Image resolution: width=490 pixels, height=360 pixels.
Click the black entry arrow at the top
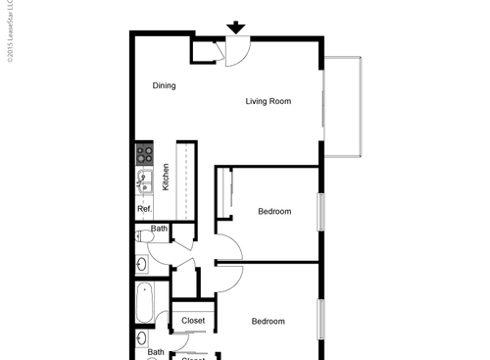(236, 27)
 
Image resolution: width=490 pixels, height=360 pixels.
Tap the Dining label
(165, 85)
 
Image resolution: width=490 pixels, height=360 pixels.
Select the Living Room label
(269, 101)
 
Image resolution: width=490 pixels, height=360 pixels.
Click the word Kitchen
(167, 177)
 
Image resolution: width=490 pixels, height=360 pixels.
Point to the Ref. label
(144, 209)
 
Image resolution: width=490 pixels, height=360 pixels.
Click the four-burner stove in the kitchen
(145, 153)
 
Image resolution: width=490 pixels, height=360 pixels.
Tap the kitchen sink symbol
(144, 180)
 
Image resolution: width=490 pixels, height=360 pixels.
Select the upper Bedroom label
(274, 212)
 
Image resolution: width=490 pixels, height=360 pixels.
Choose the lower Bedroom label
(268, 322)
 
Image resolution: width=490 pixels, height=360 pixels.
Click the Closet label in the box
(193, 321)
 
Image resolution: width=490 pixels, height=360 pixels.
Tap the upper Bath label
(159, 230)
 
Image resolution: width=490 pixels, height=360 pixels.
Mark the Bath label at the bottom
(156, 352)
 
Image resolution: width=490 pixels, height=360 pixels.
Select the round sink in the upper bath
(141, 263)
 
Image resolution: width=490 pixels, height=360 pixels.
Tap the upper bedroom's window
(320, 212)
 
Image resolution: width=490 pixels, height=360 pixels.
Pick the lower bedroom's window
(320, 319)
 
